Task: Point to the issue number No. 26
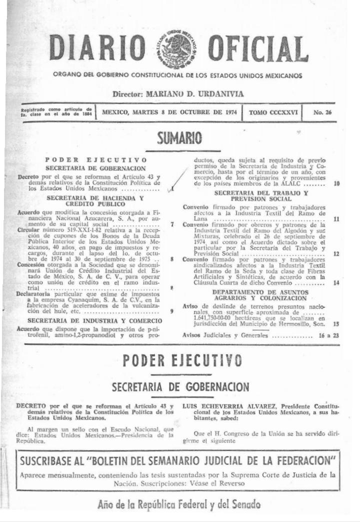pyautogui.click(x=322, y=112)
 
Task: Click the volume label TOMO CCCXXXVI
pyautogui.click(x=273, y=112)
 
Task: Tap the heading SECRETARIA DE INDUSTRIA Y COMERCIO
pyautogui.click(x=94, y=320)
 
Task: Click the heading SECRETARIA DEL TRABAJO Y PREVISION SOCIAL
pyautogui.click(x=261, y=196)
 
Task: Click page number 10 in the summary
pyautogui.click(x=336, y=184)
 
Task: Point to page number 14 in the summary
pyautogui.click(x=336, y=283)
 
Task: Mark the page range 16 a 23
pyautogui.click(x=328, y=336)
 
